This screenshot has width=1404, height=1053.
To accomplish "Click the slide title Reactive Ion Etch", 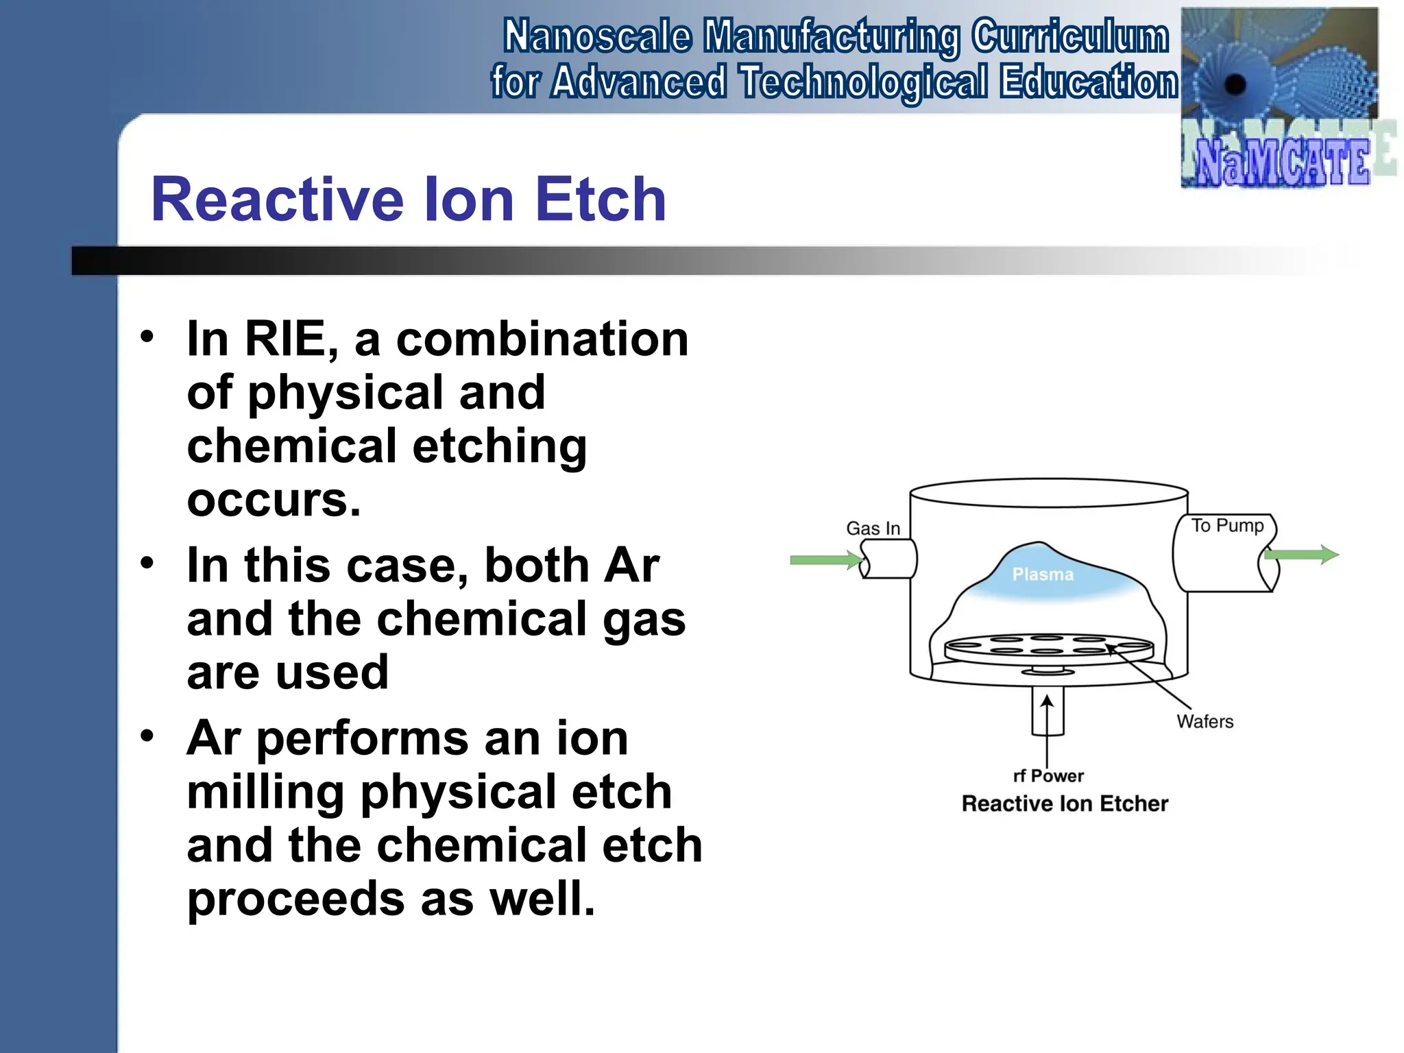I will [409, 199].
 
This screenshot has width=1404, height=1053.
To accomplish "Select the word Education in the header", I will [1088, 82].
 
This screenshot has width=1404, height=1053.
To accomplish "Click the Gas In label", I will [873, 529].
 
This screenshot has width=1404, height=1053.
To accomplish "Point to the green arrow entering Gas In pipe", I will [826, 560].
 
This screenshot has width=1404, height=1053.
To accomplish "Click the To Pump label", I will [1227, 526].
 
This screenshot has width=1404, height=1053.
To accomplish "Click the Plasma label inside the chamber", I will [1043, 574].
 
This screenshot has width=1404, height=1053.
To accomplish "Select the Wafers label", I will [1205, 721].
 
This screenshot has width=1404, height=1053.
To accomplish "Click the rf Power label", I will [1048, 776].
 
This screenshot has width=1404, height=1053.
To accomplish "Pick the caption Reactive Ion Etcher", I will [1065, 803].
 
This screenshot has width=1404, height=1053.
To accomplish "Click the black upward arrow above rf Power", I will [1047, 713].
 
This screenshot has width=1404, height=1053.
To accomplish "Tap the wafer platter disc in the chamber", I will [1048, 648].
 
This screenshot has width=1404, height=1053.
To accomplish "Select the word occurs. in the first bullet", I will [274, 500].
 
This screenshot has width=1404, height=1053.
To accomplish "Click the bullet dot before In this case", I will [147, 564].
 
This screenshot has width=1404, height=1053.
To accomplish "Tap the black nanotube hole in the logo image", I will [1235, 85].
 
